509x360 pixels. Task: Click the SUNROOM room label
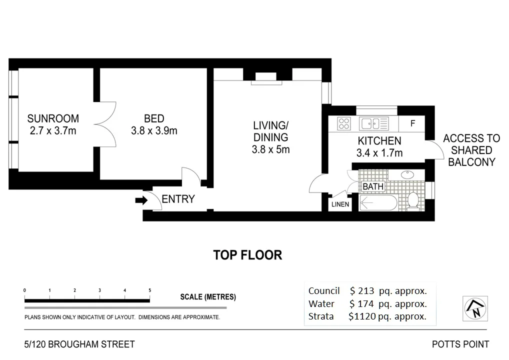(x=53, y=119)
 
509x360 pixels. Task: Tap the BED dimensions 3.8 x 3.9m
(x=154, y=131)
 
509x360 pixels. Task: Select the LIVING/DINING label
(x=270, y=131)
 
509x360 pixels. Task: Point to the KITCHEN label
(x=379, y=141)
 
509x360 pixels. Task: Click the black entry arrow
(x=142, y=200)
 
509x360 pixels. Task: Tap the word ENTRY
(x=178, y=199)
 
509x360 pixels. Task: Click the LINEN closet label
(x=340, y=204)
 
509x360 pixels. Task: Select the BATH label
(x=372, y=186)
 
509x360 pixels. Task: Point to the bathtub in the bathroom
(x=378, y=203)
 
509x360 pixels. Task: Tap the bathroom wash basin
(x=407, y=175)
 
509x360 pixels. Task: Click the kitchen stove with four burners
(x=344, y=123)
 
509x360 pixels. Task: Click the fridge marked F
(x=413, y=123)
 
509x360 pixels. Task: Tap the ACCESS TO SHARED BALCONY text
(x=471, y=150)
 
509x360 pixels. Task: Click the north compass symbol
(x=475, y=307)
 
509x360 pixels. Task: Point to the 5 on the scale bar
(x=150, y=290)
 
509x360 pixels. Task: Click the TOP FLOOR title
(x=247, y=255)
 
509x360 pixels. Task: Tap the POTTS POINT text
(x=460, y=344)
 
